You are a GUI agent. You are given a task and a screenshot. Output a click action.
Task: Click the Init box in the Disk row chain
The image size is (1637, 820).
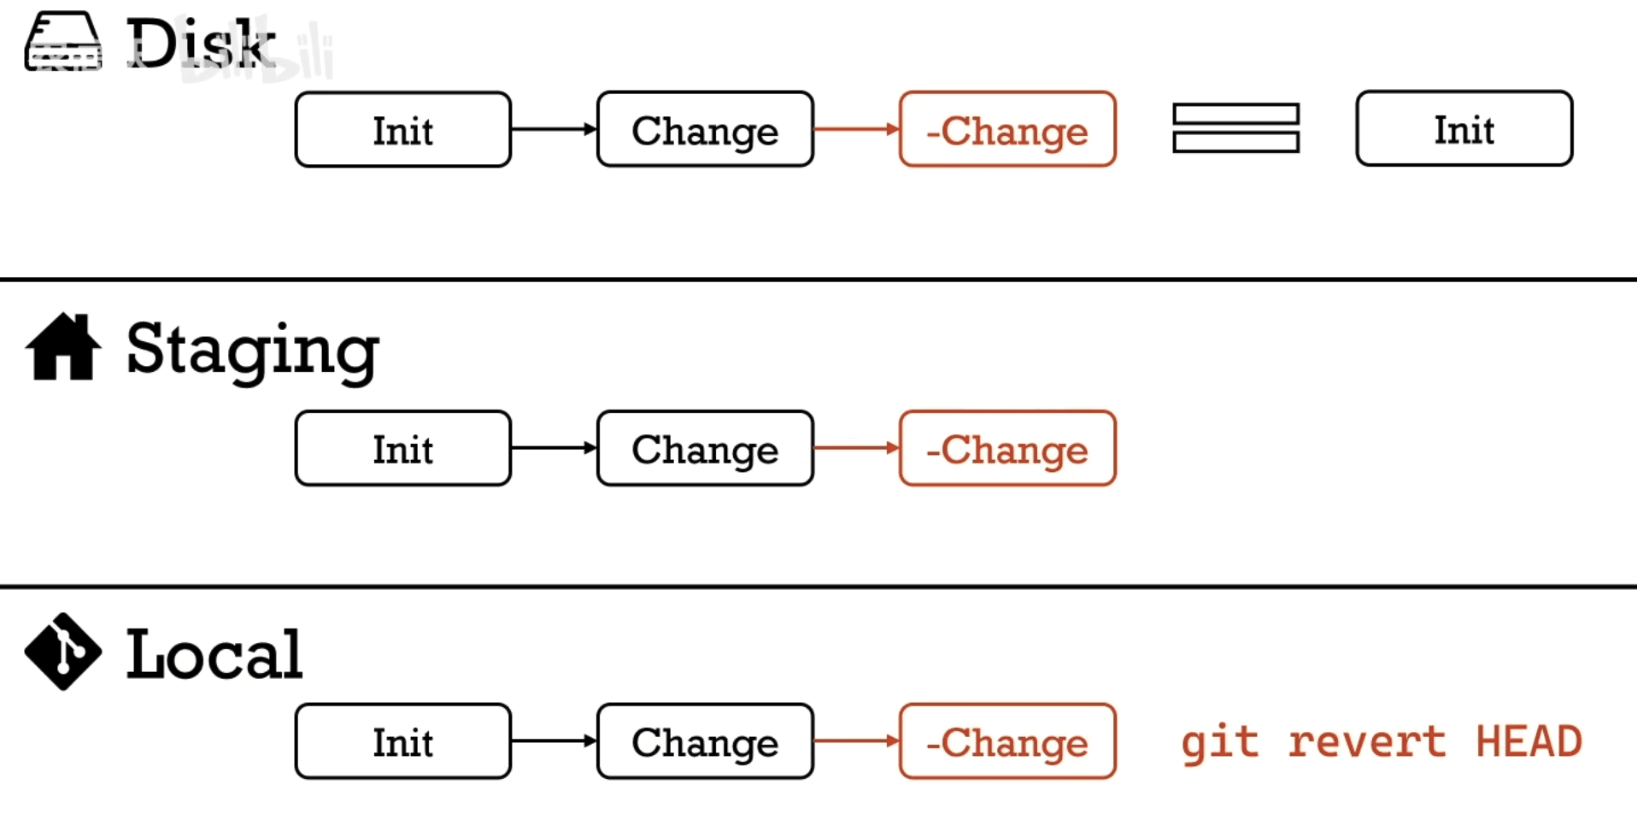pos(402,130)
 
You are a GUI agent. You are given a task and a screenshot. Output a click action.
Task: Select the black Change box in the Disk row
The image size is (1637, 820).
pos(705,130)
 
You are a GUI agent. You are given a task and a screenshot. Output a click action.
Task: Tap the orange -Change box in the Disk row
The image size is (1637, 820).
pos(1007,130)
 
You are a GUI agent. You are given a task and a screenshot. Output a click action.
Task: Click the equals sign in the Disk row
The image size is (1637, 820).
pos(1235,128)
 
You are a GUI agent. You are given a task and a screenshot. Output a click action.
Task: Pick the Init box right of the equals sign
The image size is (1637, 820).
pos(1464,129)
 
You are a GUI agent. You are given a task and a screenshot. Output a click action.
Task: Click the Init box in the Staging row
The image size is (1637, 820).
pos(402,449)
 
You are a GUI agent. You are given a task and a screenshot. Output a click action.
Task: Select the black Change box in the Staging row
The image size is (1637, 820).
pos(705,449)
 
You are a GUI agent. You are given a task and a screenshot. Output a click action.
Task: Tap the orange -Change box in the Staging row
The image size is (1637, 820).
pos(1007,449)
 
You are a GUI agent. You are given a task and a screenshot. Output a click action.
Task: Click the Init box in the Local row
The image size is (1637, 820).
pos(402,741)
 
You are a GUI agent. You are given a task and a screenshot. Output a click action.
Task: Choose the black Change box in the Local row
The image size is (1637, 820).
pos(705,741)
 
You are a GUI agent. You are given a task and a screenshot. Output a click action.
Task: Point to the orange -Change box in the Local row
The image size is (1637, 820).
pos(1007,741)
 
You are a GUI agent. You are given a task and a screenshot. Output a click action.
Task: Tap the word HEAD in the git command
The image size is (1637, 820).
pos(1528,741)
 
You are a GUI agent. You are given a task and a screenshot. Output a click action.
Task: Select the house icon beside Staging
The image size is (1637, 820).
pos(63,347)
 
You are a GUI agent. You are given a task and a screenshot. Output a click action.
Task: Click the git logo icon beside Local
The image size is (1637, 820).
pos(63,652)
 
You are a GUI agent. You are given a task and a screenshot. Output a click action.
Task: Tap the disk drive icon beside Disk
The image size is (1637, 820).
pos(63,42)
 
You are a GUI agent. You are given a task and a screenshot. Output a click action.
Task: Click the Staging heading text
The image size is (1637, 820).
pos(252,350)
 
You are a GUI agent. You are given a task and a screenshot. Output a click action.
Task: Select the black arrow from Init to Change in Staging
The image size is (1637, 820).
pos(554,448)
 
